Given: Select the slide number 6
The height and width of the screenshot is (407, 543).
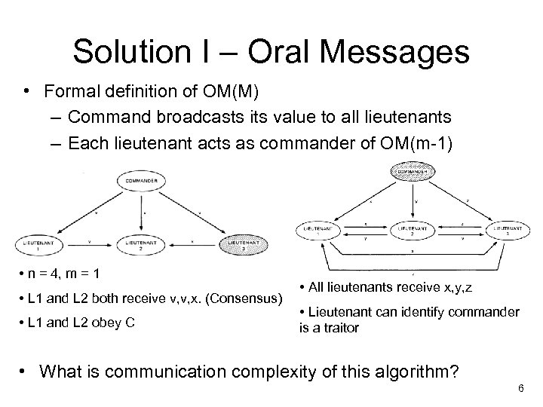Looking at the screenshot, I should pyautogui.click(x=520, y=387).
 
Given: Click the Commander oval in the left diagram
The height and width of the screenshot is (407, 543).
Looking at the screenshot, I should pyautogui.click(x=143, y=182).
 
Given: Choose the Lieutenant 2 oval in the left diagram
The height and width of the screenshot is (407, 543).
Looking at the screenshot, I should pyautogui.click(x=143, y=245).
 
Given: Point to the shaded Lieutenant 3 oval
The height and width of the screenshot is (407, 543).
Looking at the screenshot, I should pyautogui.click(x=246, y=245).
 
